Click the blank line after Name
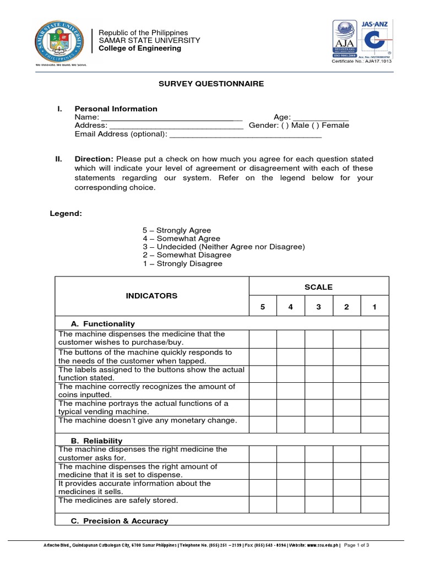[172, 118]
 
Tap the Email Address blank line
[246, 134]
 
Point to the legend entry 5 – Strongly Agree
[176, 230]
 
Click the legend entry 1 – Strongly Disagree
[182, 264]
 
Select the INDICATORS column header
[152, 296]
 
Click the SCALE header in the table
[319, 287]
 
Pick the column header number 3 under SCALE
[319, 307]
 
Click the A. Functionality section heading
[103, 324]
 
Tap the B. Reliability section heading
[97, 441]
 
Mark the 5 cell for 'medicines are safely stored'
[263, 504]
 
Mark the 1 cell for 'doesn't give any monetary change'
[375, 424]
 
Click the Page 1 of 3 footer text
[356, 545]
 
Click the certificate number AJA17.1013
[359, 61]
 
